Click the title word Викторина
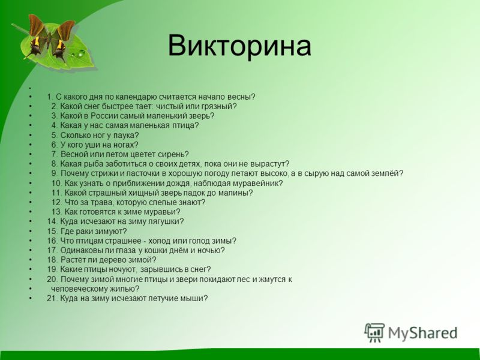pos(239,46)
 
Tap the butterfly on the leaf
pos(50,38)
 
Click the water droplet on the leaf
pos(81,53)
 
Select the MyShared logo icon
pos(374,332)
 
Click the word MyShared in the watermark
pos(423,333)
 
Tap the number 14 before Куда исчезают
pos(52,221)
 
